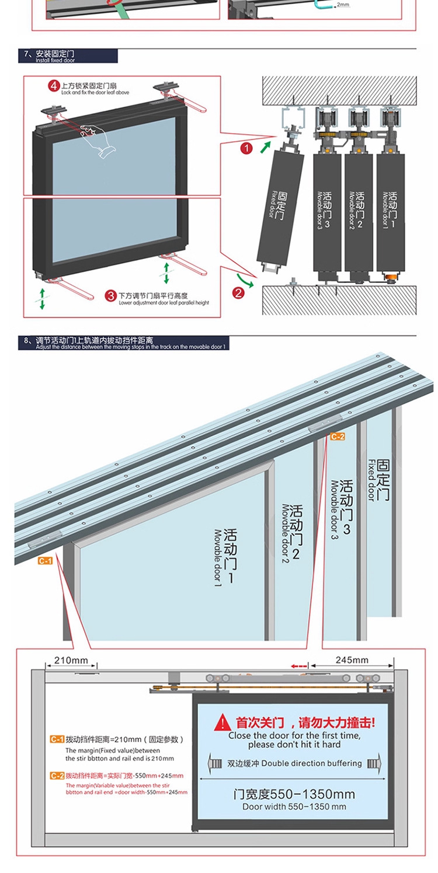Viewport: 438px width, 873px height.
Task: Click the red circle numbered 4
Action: (x=54, y=86)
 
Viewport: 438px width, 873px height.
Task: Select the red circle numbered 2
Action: (x=238, y=292)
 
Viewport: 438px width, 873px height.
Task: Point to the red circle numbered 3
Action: (x=111, y=296)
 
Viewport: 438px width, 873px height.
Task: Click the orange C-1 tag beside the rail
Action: (x=46, y=561)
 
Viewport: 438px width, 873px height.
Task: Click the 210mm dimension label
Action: (x=71, y=660)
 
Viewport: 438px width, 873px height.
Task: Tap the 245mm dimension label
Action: (x=352, y=660)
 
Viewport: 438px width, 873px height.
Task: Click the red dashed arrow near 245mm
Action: (x=299, y=665)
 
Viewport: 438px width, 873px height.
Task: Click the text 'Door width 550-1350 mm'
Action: (x=294, y=806)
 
